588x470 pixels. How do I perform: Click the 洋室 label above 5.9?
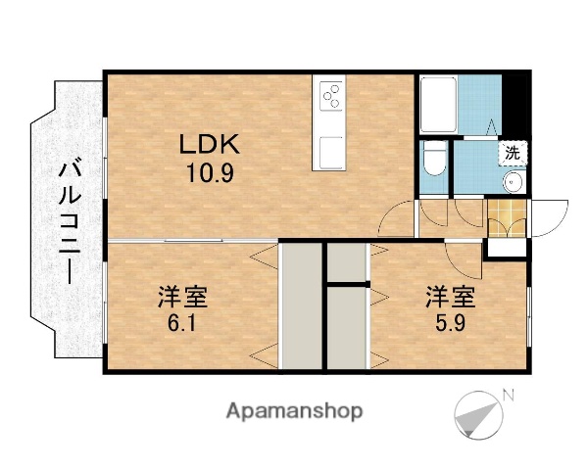tap(451, 295)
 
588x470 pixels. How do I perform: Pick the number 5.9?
tap(451, 320)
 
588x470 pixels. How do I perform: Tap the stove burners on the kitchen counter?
tap(331, 95)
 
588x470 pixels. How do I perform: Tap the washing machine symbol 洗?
tap(513, 153)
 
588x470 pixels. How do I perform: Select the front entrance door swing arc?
tap(549, 211)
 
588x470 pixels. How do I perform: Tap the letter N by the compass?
tap(508, 395)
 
